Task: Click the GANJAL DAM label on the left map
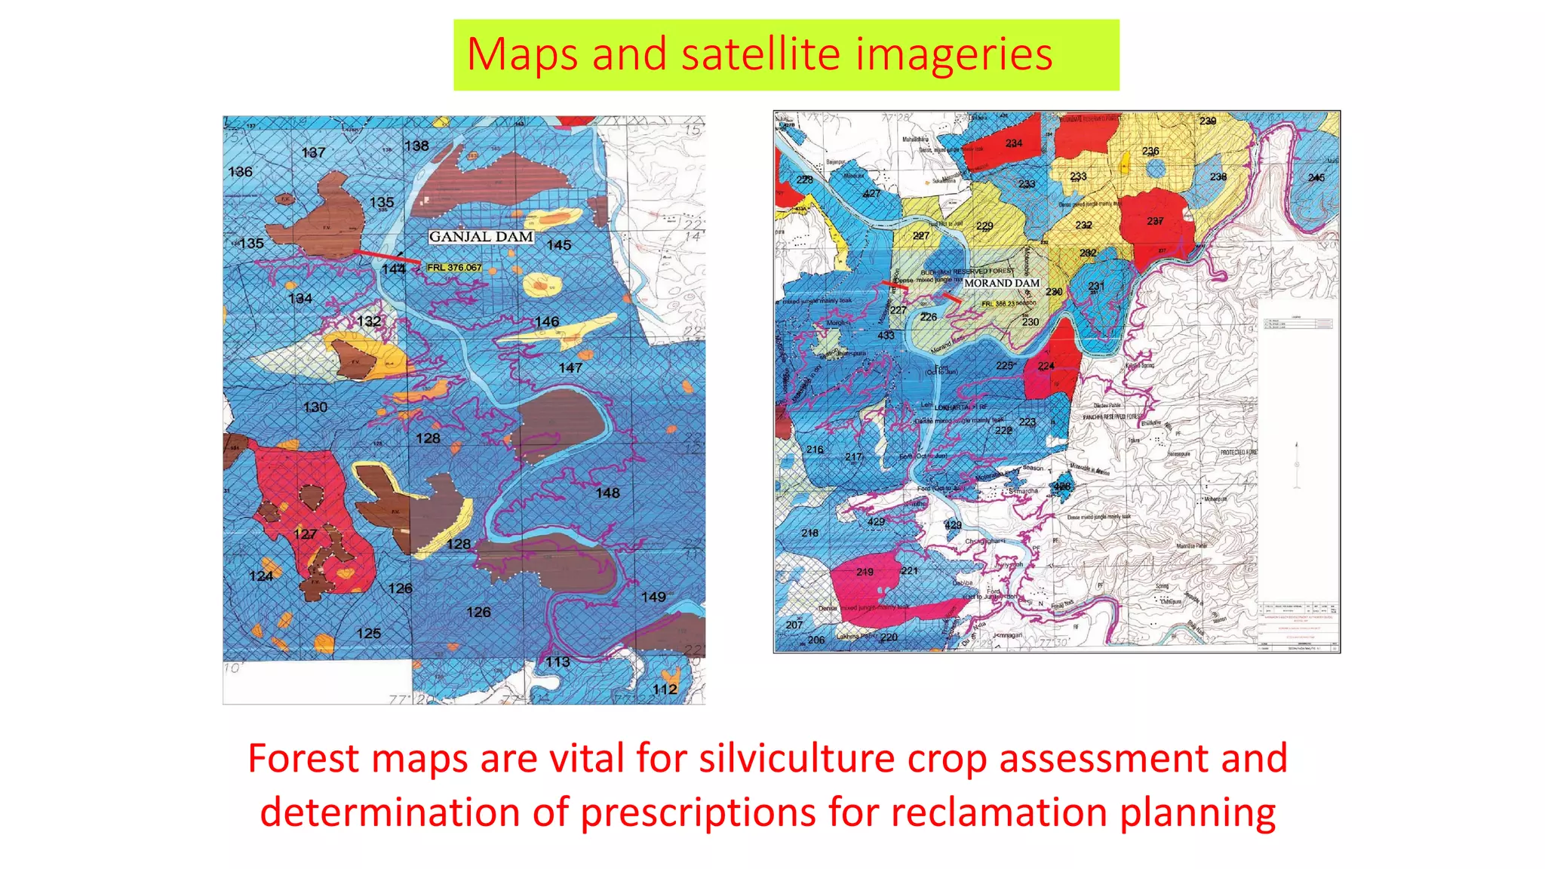[481, 237]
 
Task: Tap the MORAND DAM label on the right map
[1002, 283]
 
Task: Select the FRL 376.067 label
[454, 268]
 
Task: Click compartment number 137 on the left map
[313, 153]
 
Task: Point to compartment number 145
[559, 245]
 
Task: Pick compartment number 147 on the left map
[570, 368]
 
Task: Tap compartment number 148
[607, 493]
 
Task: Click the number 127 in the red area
[305, 535]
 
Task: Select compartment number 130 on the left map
[315, 407]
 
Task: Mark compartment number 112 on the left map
[665, 689]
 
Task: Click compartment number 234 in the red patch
[1014, 143]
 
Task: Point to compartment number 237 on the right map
[1155, 221]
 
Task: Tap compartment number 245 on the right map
[1316, 178]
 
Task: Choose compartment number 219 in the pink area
[865, 572]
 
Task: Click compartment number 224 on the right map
[1046, 367]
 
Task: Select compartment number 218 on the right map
[810, 533]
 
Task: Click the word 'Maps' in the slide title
[523, 54]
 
